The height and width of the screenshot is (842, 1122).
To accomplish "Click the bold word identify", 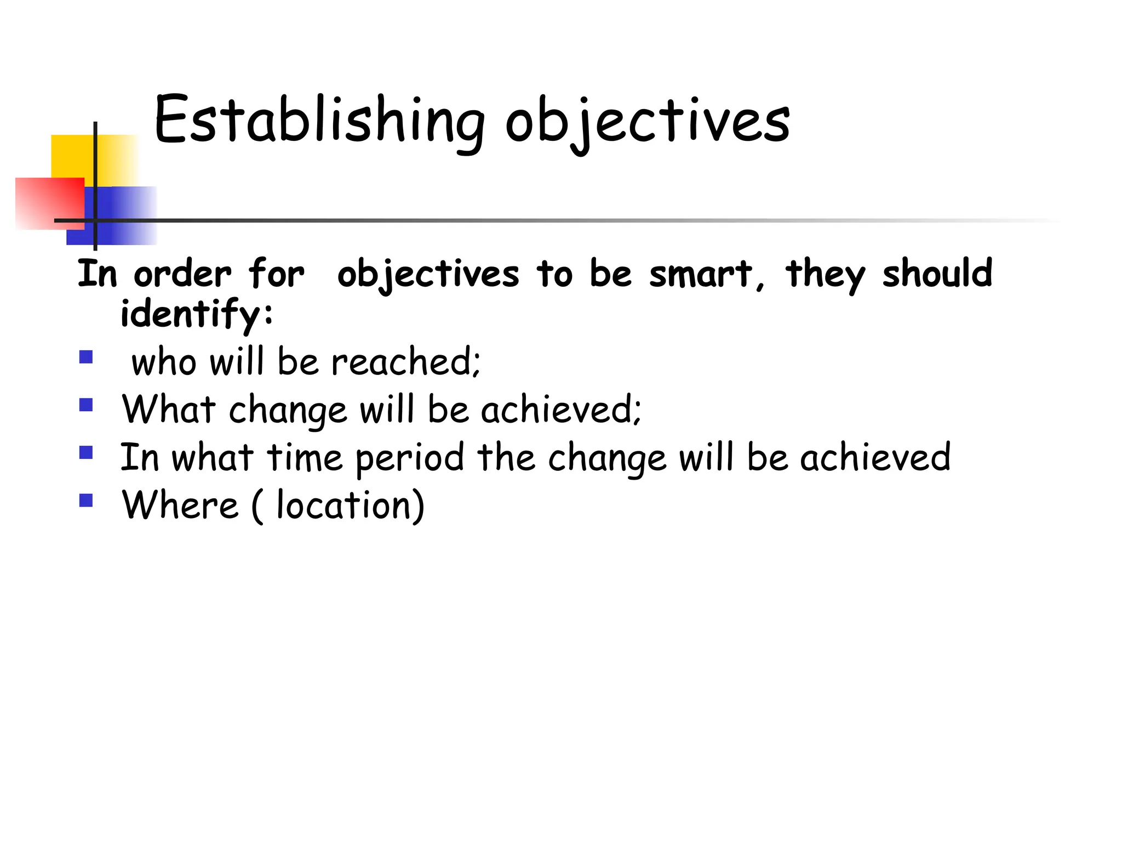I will point(190,314).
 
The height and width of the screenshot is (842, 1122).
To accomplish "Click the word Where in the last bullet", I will point(180,505).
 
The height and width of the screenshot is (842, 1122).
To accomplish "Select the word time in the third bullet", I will point(305,458).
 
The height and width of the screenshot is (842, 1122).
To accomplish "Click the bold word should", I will point(937,273).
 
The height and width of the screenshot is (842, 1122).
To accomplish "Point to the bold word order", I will point(182,274).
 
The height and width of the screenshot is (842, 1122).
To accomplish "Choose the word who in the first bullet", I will point(164,363).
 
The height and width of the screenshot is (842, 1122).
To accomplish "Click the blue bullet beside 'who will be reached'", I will point(86,357).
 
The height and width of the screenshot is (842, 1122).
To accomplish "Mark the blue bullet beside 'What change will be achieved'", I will point(86,405).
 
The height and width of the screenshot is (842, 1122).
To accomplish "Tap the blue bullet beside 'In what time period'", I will point(86,452).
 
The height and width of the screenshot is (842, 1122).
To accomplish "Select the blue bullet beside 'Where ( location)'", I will point(86,500).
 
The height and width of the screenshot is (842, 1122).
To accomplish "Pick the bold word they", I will point(826,274).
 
